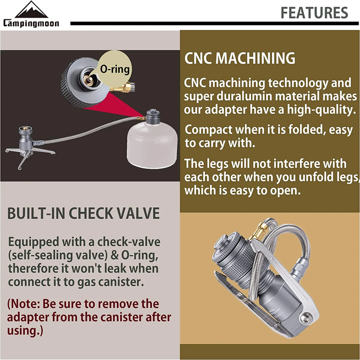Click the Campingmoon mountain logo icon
point(31,10)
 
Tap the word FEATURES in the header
point(314,13)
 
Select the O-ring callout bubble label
point(115,69)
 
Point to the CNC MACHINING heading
point(240,58)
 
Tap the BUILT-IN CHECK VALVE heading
point(83,213)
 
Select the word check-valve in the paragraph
point(129,242)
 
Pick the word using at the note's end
point(23,331)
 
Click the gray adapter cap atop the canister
point(152,117)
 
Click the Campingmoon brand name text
point(31,23)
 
